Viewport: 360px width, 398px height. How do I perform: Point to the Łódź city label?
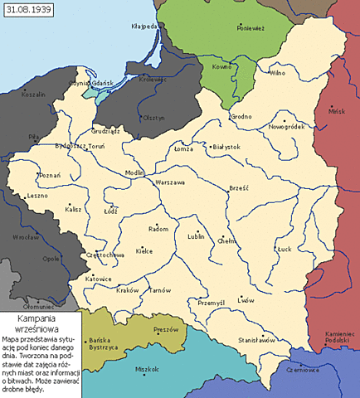point(109,211)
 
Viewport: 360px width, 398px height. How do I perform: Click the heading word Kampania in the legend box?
point(41,319)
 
